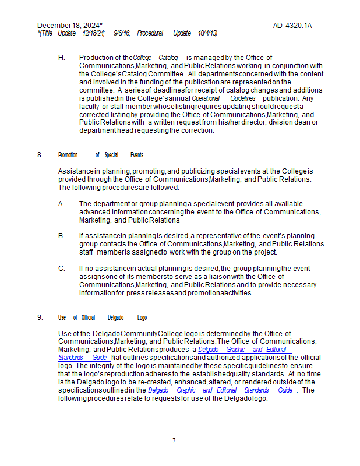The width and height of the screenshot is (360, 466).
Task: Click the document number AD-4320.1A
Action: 292,26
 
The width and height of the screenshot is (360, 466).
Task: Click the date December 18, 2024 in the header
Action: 68,26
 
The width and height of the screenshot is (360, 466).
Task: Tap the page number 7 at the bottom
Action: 174,441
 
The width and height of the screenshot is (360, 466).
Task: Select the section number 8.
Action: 40,155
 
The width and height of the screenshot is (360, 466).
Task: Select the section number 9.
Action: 40,317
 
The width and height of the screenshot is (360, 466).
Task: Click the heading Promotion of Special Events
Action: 101,155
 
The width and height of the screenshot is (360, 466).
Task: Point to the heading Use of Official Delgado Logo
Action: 103,317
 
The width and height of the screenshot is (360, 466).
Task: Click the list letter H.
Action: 61,58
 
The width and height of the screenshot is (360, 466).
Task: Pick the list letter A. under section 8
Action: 61,204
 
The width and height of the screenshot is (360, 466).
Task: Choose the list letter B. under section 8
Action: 61,236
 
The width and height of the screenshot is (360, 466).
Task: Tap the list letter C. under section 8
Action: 61,269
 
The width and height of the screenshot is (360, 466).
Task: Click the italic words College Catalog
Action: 156,58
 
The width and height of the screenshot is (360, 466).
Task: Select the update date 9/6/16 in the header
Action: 122,33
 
